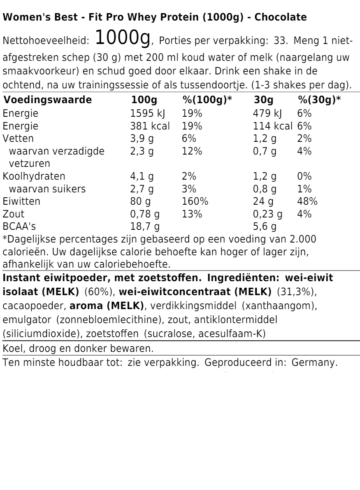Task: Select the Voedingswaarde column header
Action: [47, 100]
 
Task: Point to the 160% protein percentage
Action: [195, 201]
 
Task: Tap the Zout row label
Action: [14, 214]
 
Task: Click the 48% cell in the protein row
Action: [307, 201]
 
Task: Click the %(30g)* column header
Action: [319, 100]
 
